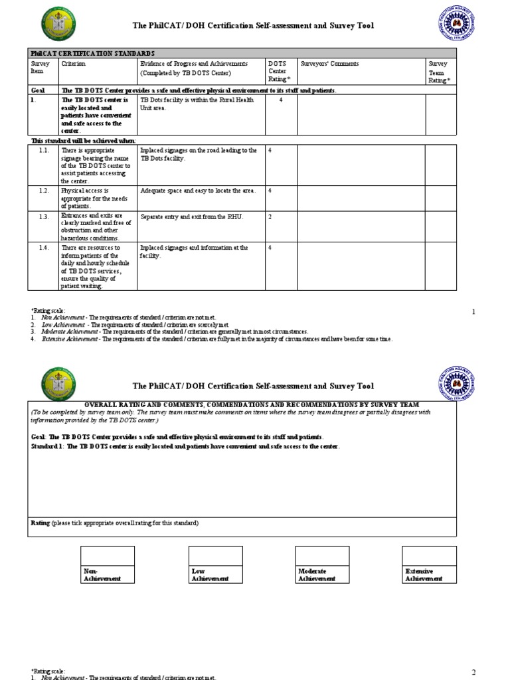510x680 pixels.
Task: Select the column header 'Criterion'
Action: [74, 64]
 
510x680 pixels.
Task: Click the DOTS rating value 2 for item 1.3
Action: [270, 216]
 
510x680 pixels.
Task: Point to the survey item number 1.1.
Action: [44, 151]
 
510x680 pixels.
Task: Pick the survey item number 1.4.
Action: [44, 248]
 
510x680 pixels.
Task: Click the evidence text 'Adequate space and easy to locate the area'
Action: [198, 191]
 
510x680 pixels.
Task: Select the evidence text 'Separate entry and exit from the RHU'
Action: [192, 216]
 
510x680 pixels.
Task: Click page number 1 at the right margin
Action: [473, 311]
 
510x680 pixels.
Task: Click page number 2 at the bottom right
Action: [473, 673]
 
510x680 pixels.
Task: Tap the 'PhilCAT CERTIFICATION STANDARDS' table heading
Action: [92, 52]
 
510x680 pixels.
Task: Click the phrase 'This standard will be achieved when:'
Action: [84, 141]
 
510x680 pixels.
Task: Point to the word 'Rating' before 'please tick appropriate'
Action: [41, 523]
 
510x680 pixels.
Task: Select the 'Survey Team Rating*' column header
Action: [439, 72]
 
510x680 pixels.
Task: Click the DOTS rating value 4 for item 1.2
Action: [270, 191]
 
